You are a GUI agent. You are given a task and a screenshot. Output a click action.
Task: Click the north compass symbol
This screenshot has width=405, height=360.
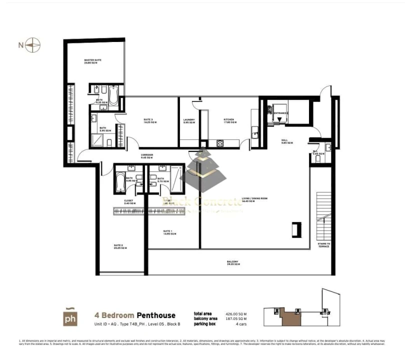pyautogui.click(x=33, y=45)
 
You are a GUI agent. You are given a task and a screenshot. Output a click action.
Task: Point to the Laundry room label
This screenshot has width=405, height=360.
pyautogui.click(x=189, y=121)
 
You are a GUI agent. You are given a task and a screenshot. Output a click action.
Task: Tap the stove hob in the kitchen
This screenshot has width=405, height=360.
pyautogui.click(x=219, y=143)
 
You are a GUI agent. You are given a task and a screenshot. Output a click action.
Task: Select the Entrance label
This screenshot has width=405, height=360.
pyautogui.click(x=280, y=113)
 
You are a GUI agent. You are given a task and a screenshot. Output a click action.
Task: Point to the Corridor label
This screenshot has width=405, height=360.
pyautogui.click(x=146, y=156)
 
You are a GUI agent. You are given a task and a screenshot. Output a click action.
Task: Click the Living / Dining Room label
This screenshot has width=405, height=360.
pyautogui.click(x=255, y=199)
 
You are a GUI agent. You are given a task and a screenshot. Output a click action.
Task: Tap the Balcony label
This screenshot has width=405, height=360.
pyautogui.click(x=232, y=262)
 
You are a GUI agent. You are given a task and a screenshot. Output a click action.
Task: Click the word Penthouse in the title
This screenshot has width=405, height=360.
pyautogui.click(x=156, y=315)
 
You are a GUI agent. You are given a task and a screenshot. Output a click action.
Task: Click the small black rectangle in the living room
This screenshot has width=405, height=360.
pyautogui.click(x=296, y=229)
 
